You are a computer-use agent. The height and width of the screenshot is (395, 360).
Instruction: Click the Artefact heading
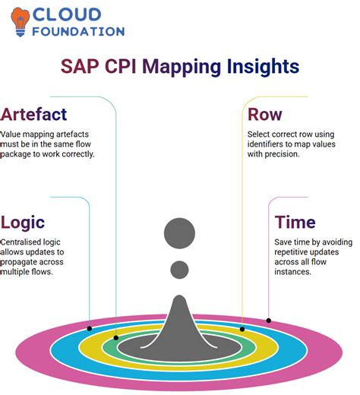point(35,115)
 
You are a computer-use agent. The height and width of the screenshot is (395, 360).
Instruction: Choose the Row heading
point(266,115)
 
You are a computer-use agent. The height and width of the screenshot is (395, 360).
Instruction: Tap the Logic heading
point(24,222)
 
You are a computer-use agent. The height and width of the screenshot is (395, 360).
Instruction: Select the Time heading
point(295,222)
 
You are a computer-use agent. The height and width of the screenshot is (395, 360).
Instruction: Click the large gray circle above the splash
point(180,233)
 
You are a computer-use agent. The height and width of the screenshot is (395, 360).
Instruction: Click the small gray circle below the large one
point(180,269)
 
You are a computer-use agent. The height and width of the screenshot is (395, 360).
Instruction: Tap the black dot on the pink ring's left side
point(90,328)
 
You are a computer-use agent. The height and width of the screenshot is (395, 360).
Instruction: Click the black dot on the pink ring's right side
point(268,320)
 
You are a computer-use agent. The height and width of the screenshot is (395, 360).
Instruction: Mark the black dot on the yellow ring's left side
point(116,337)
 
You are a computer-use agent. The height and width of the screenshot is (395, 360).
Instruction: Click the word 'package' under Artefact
point(21,155)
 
